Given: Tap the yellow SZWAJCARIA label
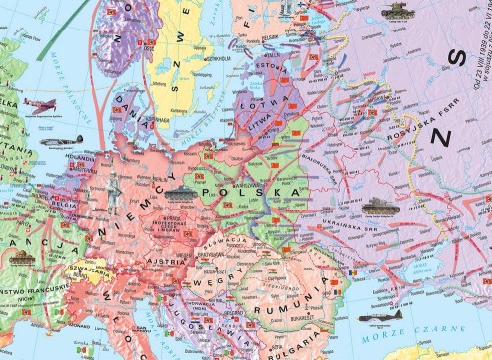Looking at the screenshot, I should pos(106,271).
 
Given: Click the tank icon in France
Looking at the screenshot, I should pos(23,254).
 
